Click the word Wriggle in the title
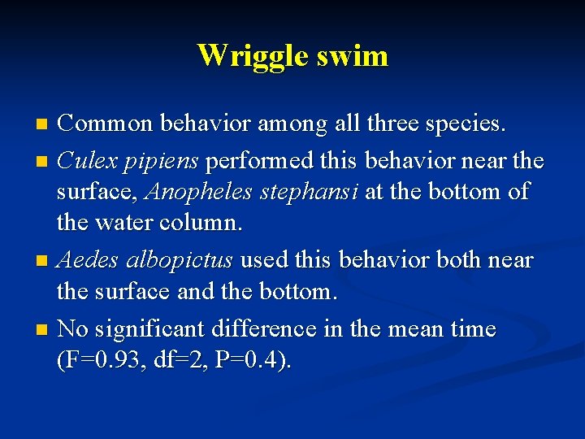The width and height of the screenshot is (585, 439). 245,55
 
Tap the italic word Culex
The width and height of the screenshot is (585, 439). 87,160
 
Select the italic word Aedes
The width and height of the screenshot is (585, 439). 87,260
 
